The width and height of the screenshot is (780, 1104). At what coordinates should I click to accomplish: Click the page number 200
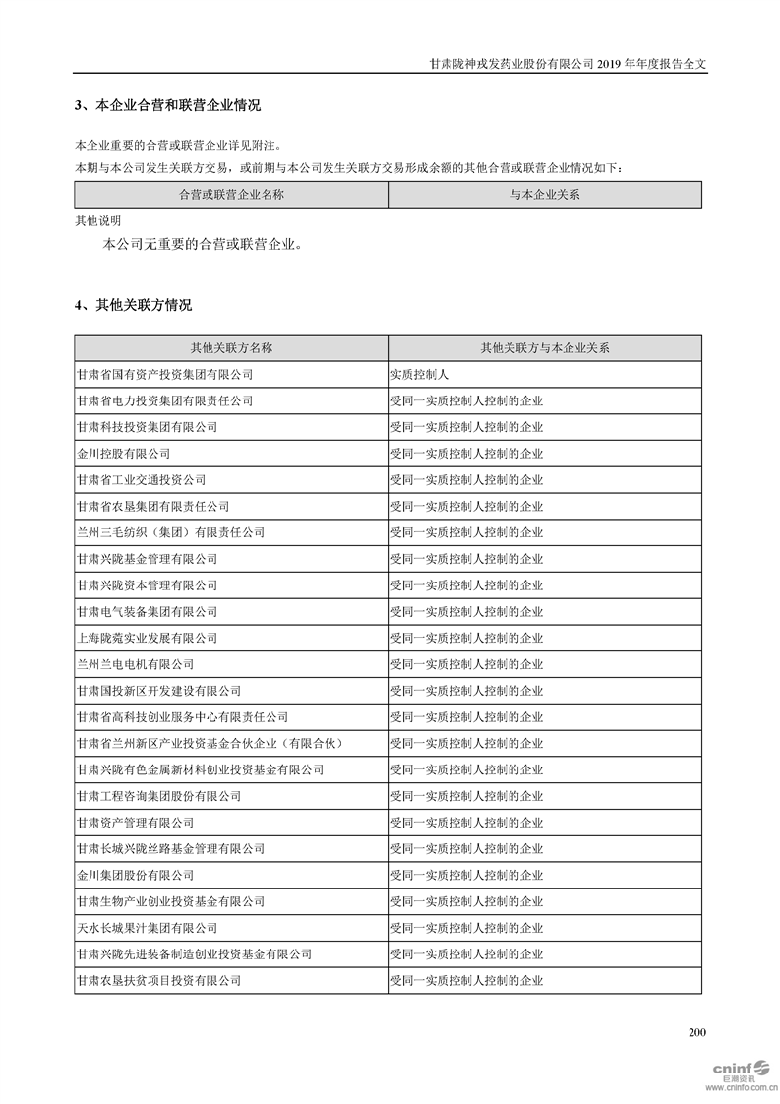tap(697, 1032)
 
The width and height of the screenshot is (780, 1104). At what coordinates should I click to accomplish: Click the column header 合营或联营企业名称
tap(231, 195)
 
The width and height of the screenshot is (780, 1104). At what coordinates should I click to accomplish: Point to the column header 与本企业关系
tap(545, 195)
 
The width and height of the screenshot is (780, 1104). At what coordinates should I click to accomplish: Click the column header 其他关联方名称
tap(231, 348)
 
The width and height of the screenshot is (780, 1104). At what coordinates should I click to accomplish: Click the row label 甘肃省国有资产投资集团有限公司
tap(164, 375)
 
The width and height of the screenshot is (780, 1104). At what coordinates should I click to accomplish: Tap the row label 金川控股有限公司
tap(123, 454)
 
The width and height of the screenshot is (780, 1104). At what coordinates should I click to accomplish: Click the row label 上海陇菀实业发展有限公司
tap(147, 638)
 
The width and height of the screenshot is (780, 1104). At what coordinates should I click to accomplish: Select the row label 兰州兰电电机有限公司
tap(135, 664)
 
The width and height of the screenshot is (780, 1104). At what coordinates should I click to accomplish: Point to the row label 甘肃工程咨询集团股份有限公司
tap(158, 796)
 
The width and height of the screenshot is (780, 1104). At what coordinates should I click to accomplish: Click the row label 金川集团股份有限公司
tap(135, 875)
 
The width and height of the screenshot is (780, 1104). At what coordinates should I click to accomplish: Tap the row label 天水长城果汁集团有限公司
tap(147, 928)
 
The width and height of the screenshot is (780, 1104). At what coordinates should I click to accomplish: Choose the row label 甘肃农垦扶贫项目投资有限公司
tap(158, 981)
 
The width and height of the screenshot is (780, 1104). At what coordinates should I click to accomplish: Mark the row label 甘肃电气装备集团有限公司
tap(147, 612)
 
